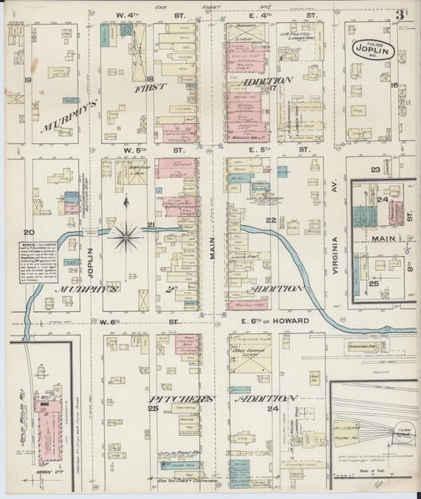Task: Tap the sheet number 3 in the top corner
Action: click(401, 14)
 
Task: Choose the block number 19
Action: click(27, 81)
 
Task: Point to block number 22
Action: click(271, 220)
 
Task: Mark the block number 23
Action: click(376, 170)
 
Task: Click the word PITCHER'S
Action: click(181, 400)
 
